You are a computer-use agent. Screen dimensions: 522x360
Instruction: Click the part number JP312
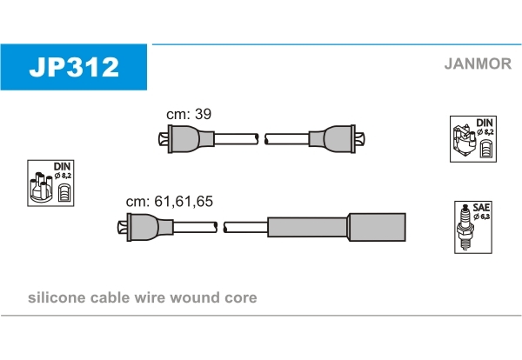(74, 67)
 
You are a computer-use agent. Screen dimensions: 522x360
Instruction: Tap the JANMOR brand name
(478, 63)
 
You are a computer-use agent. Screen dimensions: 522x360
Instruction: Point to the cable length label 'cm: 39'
(189, 114)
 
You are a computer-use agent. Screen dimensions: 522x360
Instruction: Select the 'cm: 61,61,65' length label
(170, 201)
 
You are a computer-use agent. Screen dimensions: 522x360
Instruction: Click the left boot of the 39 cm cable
(186, 139)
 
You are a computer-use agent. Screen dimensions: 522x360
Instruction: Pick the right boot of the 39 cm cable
(337, 139)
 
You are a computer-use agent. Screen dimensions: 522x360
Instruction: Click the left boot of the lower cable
(145, 227)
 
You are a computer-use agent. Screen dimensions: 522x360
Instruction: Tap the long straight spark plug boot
(337, 227)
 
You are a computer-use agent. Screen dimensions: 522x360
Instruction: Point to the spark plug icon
(465, 227)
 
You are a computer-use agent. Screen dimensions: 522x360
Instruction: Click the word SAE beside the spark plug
(481, 208)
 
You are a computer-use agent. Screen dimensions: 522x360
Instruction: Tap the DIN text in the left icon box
(63, 166)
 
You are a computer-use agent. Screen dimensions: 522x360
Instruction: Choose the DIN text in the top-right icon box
(485, 123)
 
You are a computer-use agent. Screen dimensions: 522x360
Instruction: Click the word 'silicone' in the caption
(57, 297)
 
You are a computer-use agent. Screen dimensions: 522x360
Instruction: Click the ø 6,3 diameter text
(482, 217)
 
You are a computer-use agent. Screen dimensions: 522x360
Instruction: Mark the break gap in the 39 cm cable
(262, 139)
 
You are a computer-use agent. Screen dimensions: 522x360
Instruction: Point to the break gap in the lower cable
(220, 227)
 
